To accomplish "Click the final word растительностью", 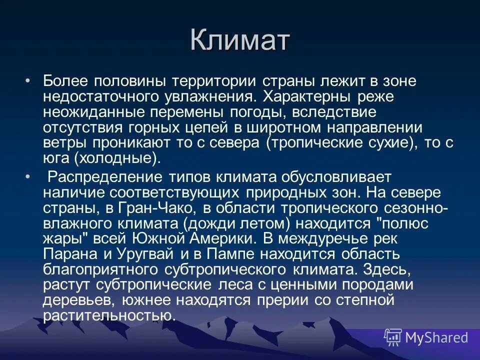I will pos(109,315).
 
